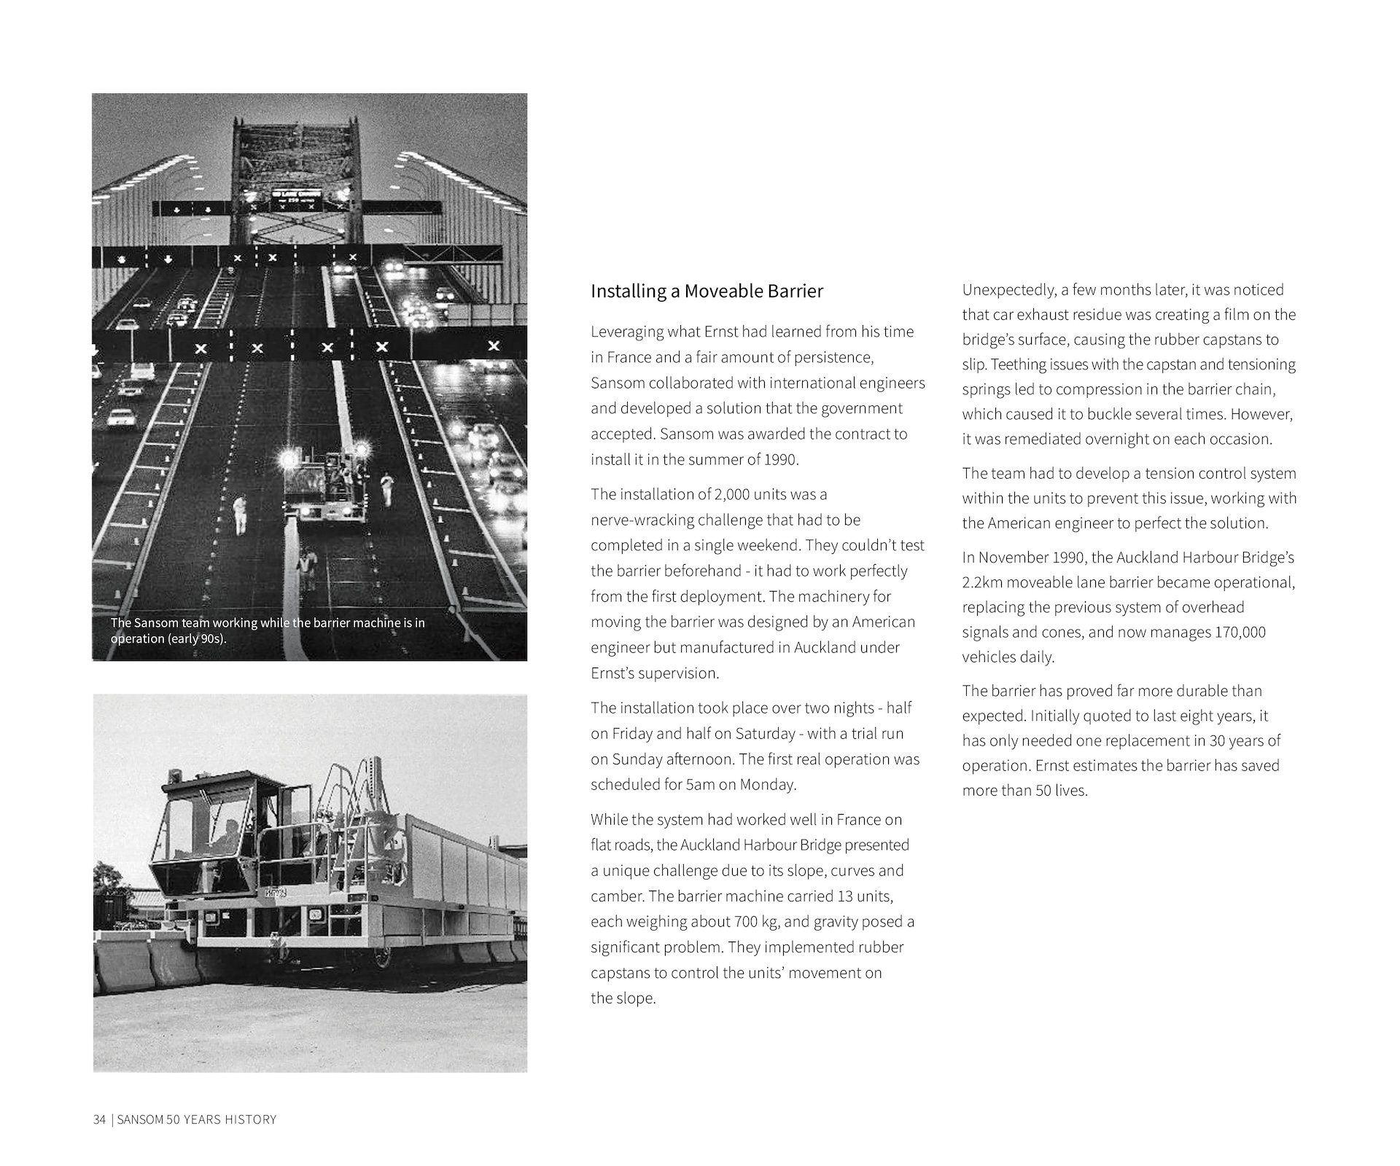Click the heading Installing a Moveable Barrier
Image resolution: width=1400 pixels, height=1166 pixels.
(x=707, y=291)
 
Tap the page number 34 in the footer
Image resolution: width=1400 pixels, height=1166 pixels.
(x=99, y=1119)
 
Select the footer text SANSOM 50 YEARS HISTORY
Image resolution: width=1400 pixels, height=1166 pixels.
(x=197, y=1119)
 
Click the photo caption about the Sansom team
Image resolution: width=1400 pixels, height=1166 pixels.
(x=267, y=630)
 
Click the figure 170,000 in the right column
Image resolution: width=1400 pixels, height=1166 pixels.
(x=1240, y=632)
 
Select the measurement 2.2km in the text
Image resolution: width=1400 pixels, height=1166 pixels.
(x=983, y=582)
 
